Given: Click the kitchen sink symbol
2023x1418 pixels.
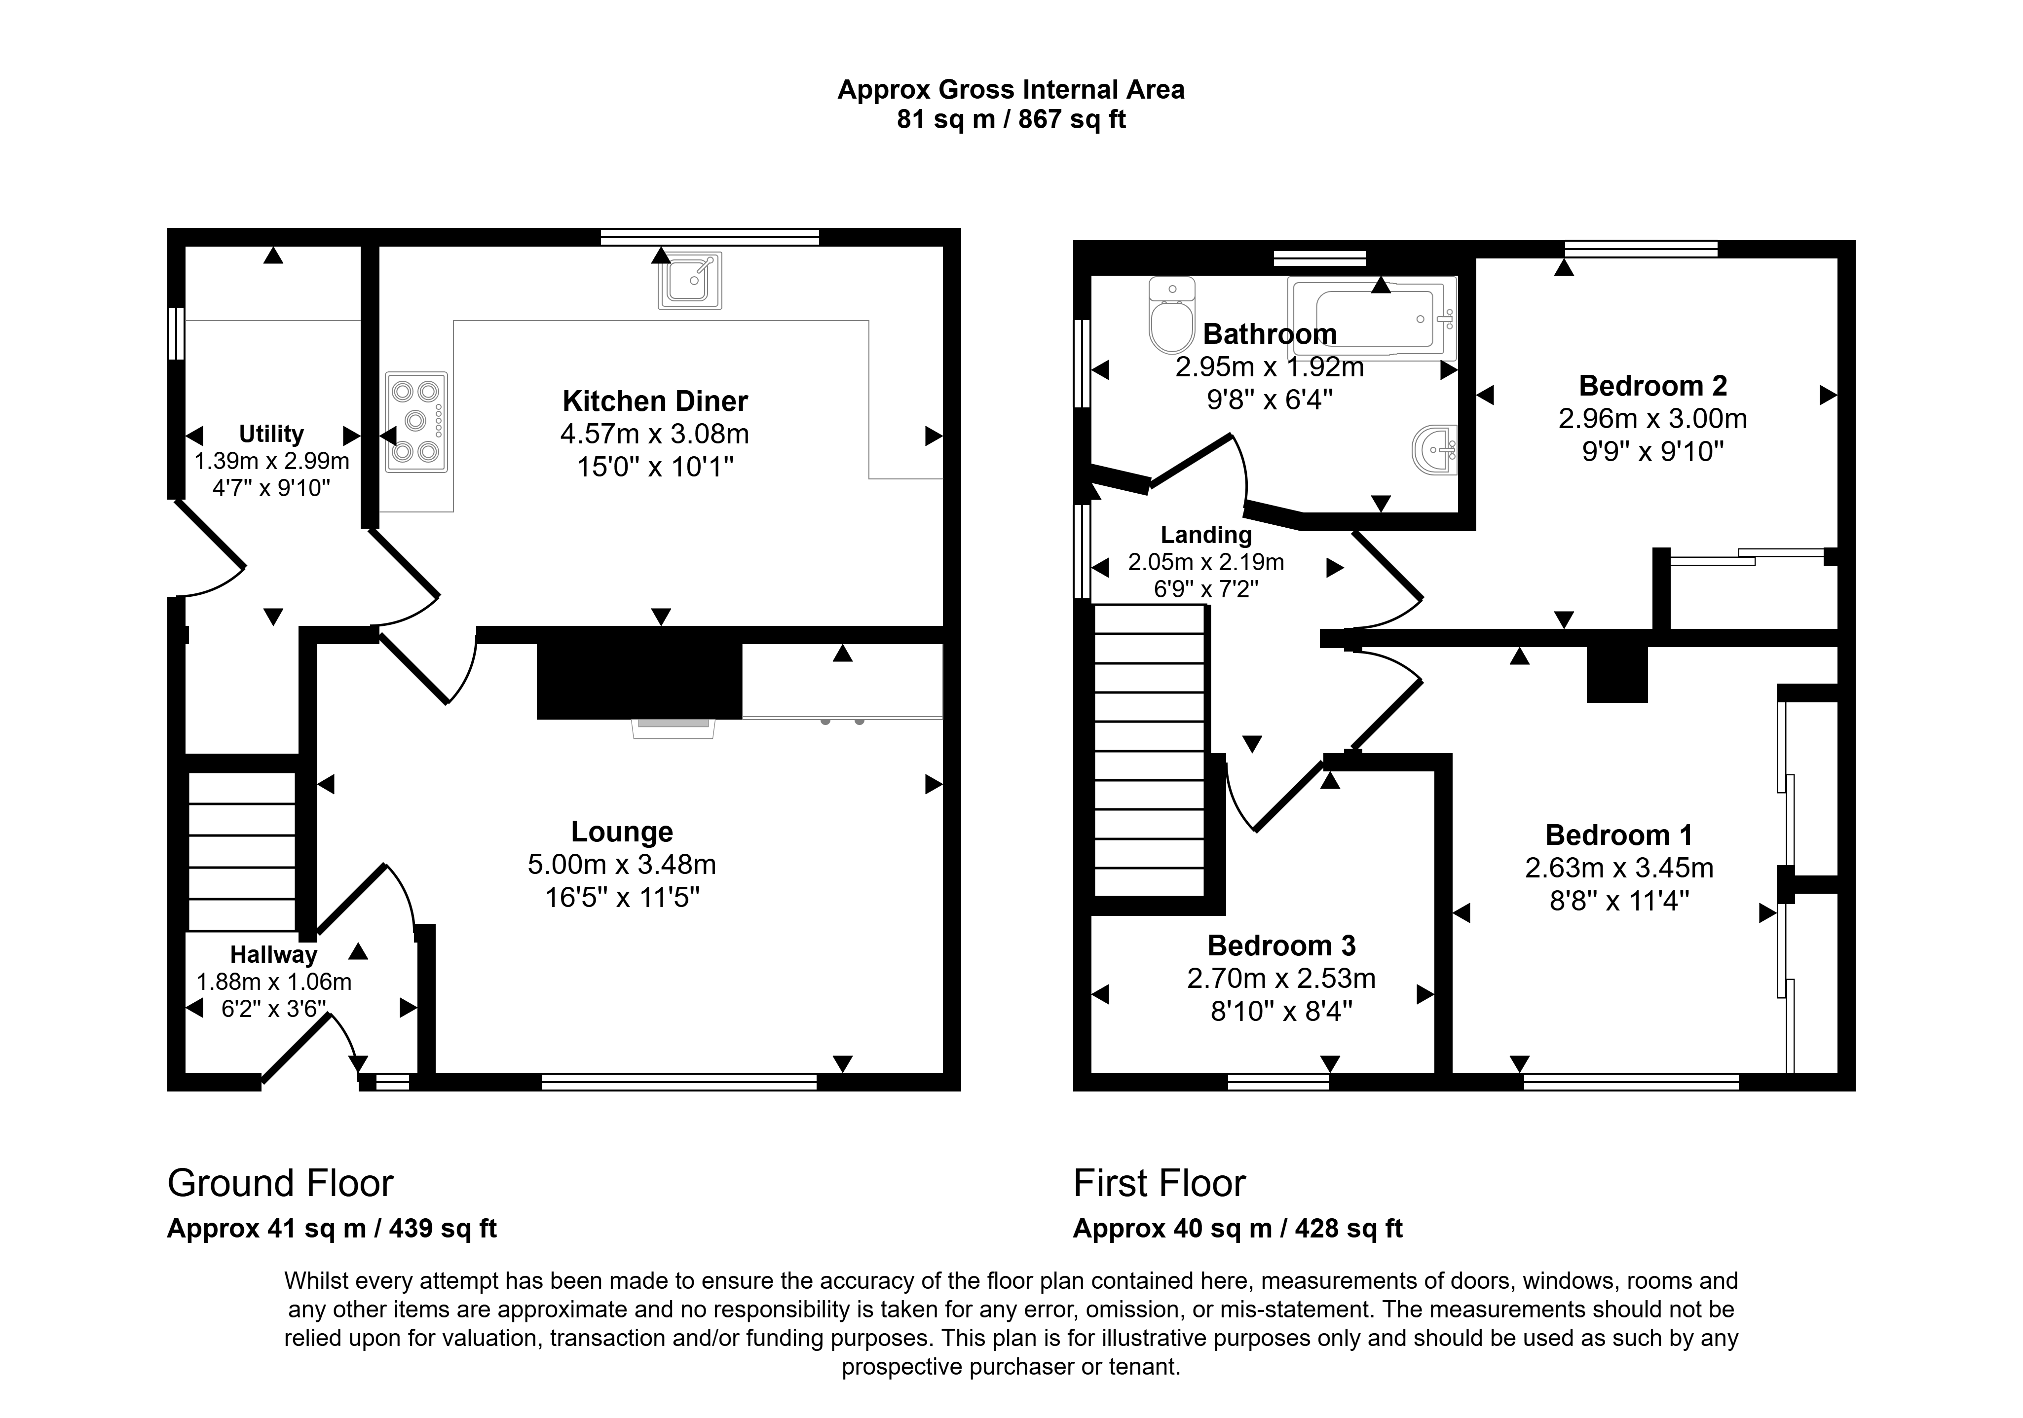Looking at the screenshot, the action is pos(690,280).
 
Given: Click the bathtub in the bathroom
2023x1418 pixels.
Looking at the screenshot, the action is pos(1372,317).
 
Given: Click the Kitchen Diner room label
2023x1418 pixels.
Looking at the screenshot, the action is pos(655,401).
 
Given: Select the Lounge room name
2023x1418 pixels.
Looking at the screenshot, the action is pos(622,832).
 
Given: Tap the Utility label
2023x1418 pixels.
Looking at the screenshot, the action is pos(271,434).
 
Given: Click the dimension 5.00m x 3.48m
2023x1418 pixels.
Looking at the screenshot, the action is pos(622,865).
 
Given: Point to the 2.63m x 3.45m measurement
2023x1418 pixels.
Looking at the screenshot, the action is pos(1619,869).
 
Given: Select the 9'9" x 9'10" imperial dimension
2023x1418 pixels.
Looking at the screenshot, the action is pos(1653,452).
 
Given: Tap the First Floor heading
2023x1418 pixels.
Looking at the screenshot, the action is pos(1160,1184).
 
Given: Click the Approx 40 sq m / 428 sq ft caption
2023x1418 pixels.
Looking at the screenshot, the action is pos(1238,1229).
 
